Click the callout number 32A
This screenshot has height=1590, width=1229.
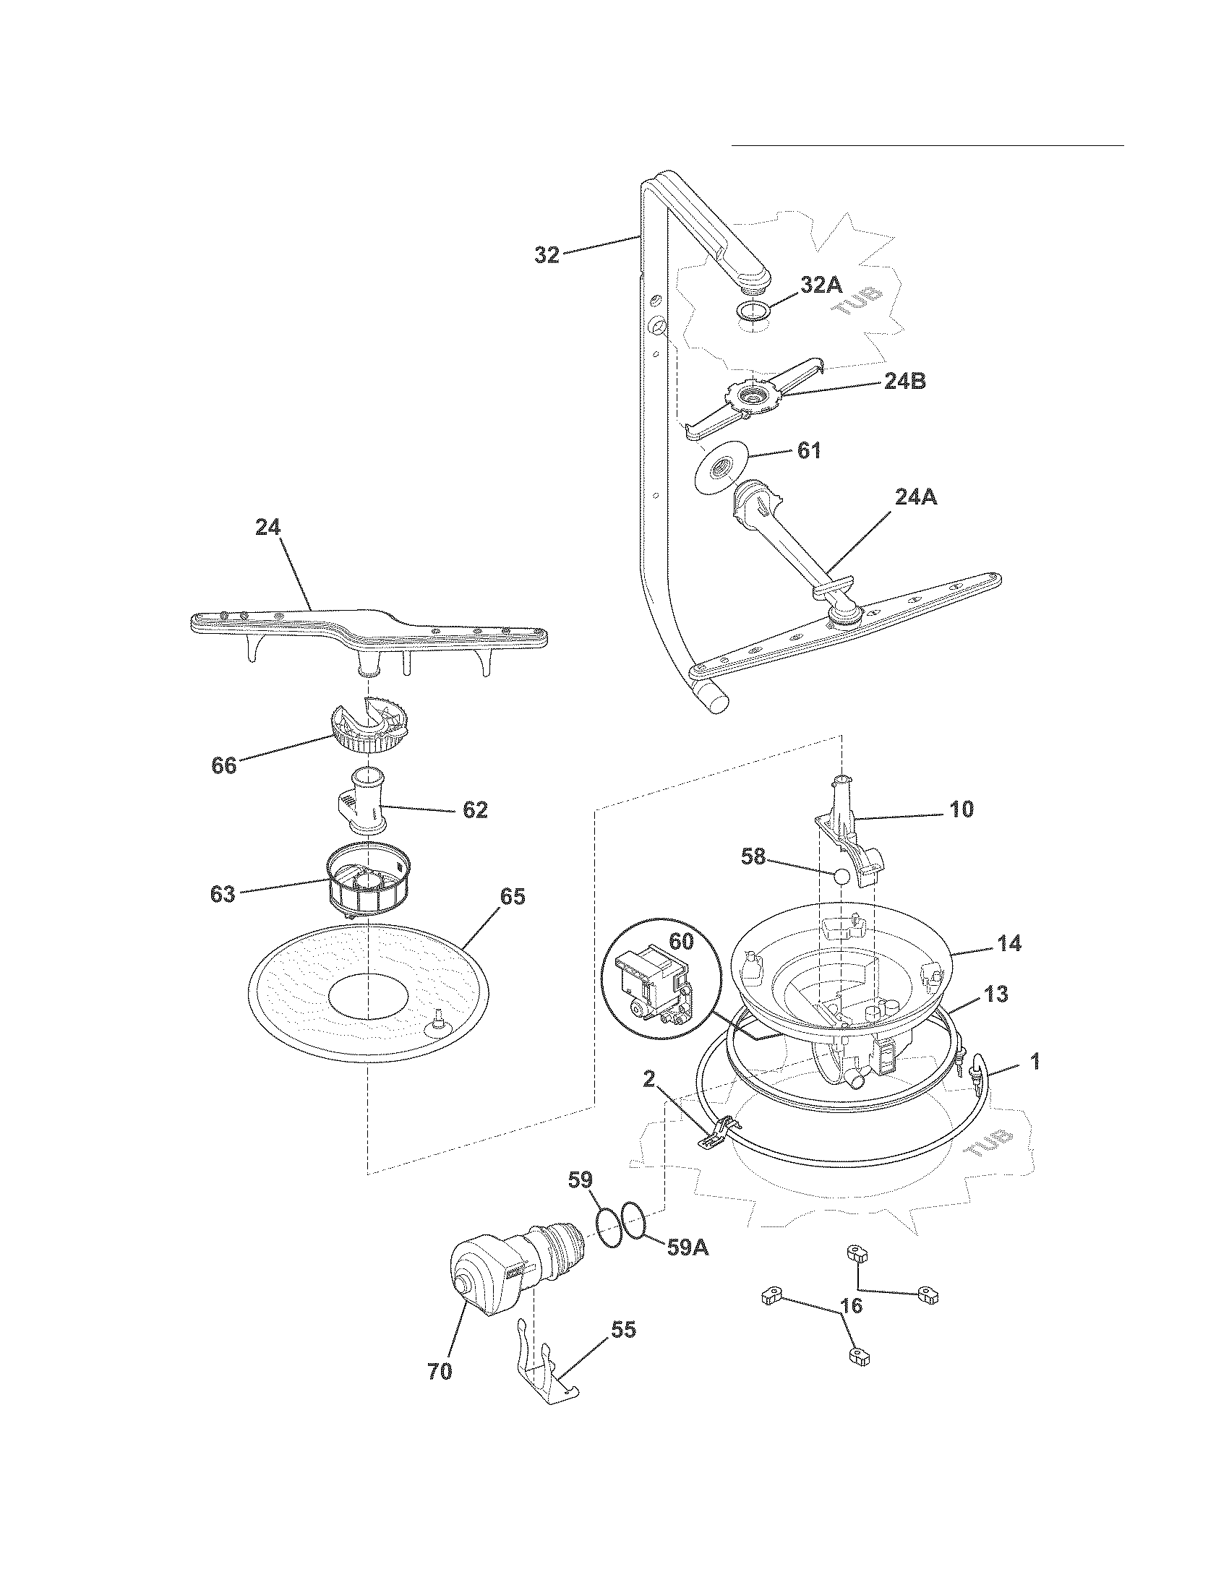click(x=821, y=285)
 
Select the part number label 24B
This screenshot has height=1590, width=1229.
click(x=904, y=381)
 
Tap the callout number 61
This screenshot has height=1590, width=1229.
click(x=808, y=451)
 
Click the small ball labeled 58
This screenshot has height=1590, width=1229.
click(x=841, y=877)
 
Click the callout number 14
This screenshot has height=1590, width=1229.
click(x=1009, y=945)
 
